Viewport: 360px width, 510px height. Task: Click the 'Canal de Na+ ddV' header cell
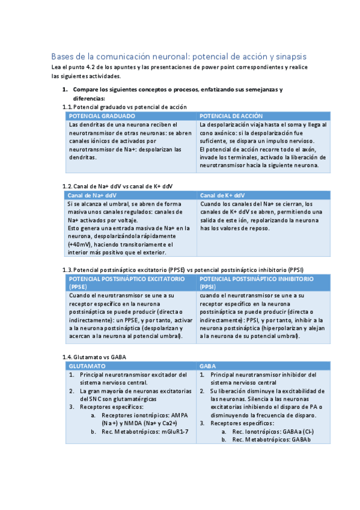[93, 195]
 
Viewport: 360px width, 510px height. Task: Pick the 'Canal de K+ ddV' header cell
[222, 195]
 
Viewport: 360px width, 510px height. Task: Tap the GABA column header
[209, 366]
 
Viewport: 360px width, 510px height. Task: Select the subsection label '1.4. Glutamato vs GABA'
[94, 357]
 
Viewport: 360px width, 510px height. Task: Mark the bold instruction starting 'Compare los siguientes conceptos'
[182, 90]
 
